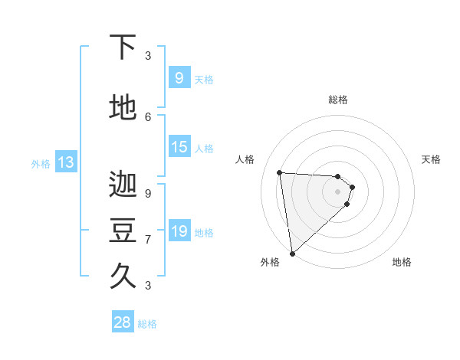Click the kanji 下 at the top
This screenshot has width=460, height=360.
(123, 47)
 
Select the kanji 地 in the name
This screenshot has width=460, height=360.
(123, 108)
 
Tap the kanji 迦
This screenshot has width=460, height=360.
(123, 185)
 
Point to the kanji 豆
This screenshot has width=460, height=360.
(123, 231)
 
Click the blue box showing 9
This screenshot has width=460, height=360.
(179, 77)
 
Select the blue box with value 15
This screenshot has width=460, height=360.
(179, 147)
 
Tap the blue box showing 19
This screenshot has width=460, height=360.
(179, 231)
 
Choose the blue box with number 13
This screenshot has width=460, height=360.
(65, 162)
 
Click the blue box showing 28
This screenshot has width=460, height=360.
(123, 322)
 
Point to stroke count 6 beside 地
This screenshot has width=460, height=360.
(148, 116)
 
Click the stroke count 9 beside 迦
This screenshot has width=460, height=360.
(148, 194)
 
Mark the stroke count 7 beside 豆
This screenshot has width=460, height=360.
(148, 239)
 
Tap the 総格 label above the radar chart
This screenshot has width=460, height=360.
(338, 100)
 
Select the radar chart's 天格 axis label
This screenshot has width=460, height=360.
(432, 159)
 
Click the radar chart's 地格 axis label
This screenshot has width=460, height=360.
(402, 262)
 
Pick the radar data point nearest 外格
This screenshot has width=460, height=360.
(292, 254)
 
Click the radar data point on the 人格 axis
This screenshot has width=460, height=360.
(279, 172)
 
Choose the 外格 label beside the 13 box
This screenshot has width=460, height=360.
(40, 163)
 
